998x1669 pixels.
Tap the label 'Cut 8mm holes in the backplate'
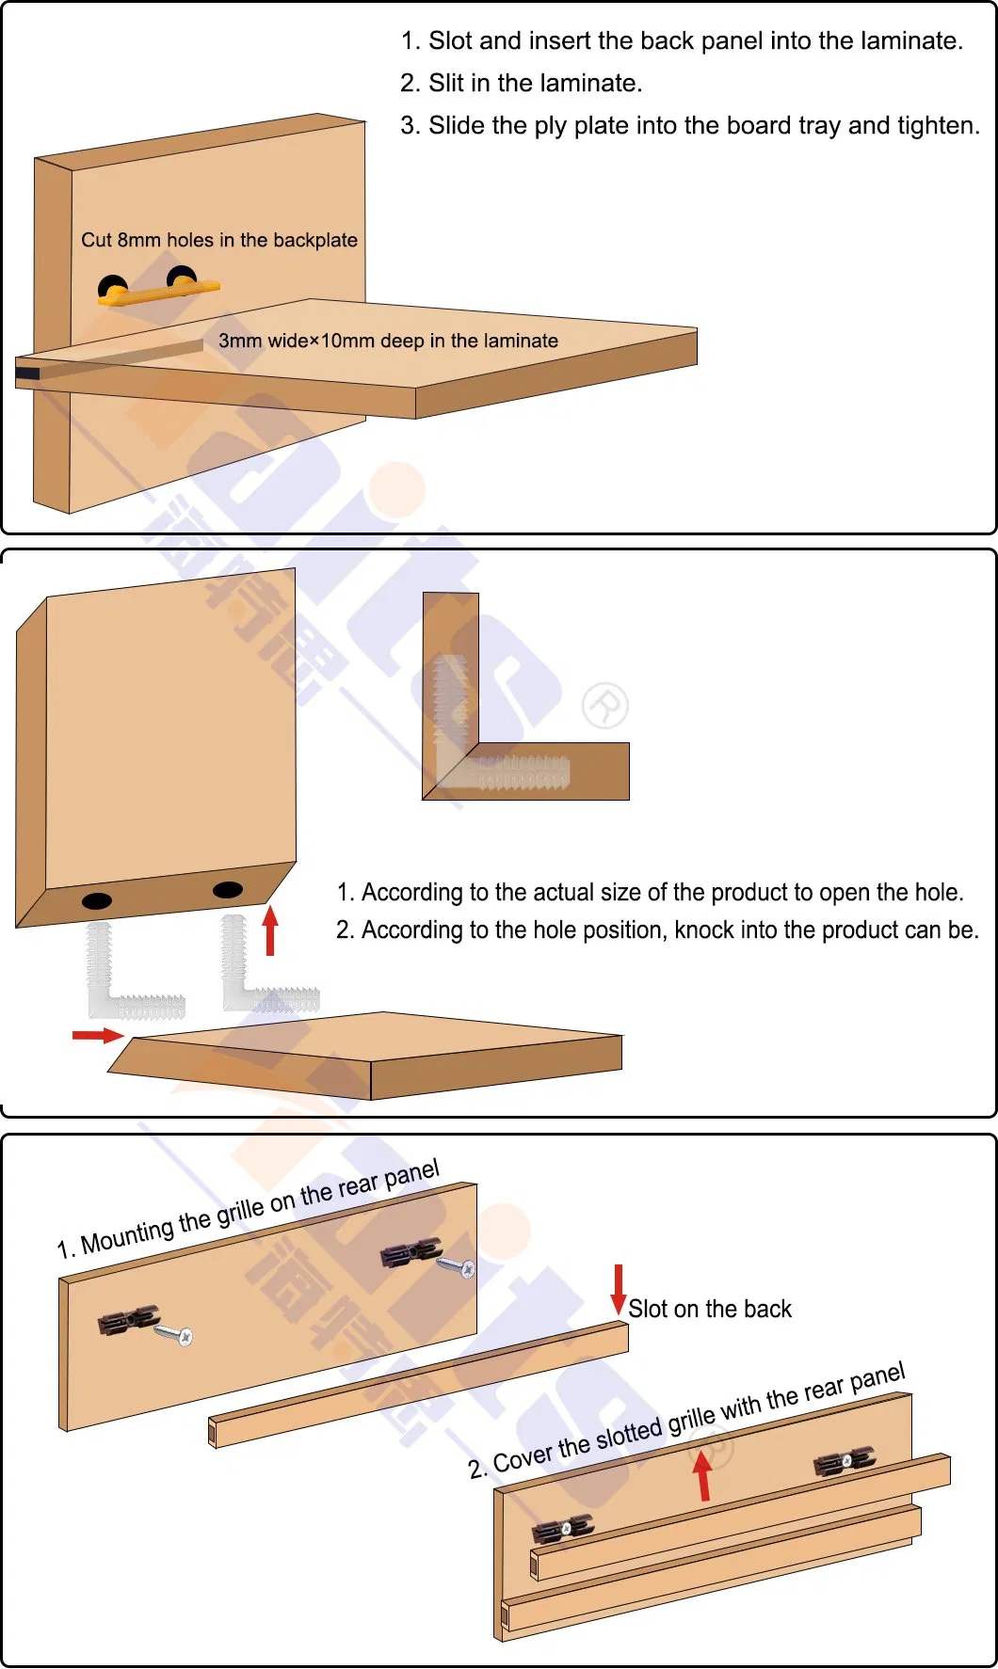pos(218,240)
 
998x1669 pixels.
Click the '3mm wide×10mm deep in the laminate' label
pos(388,341)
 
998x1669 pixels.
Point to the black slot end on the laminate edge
pos(26,374)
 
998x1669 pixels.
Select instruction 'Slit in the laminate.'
pos(535,84)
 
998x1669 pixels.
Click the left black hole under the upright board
pos(97,900)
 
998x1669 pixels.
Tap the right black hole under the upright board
pos(227,889)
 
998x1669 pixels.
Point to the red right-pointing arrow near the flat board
pos(97,1035)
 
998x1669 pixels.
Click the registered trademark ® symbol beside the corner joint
pos(604,706)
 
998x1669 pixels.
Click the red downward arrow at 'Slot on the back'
pos(619,1289)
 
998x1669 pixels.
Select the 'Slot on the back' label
pos(710,1309)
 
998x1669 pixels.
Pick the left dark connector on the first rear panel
pos(127,1320)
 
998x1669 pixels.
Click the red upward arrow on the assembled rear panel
pos(702,1474)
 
